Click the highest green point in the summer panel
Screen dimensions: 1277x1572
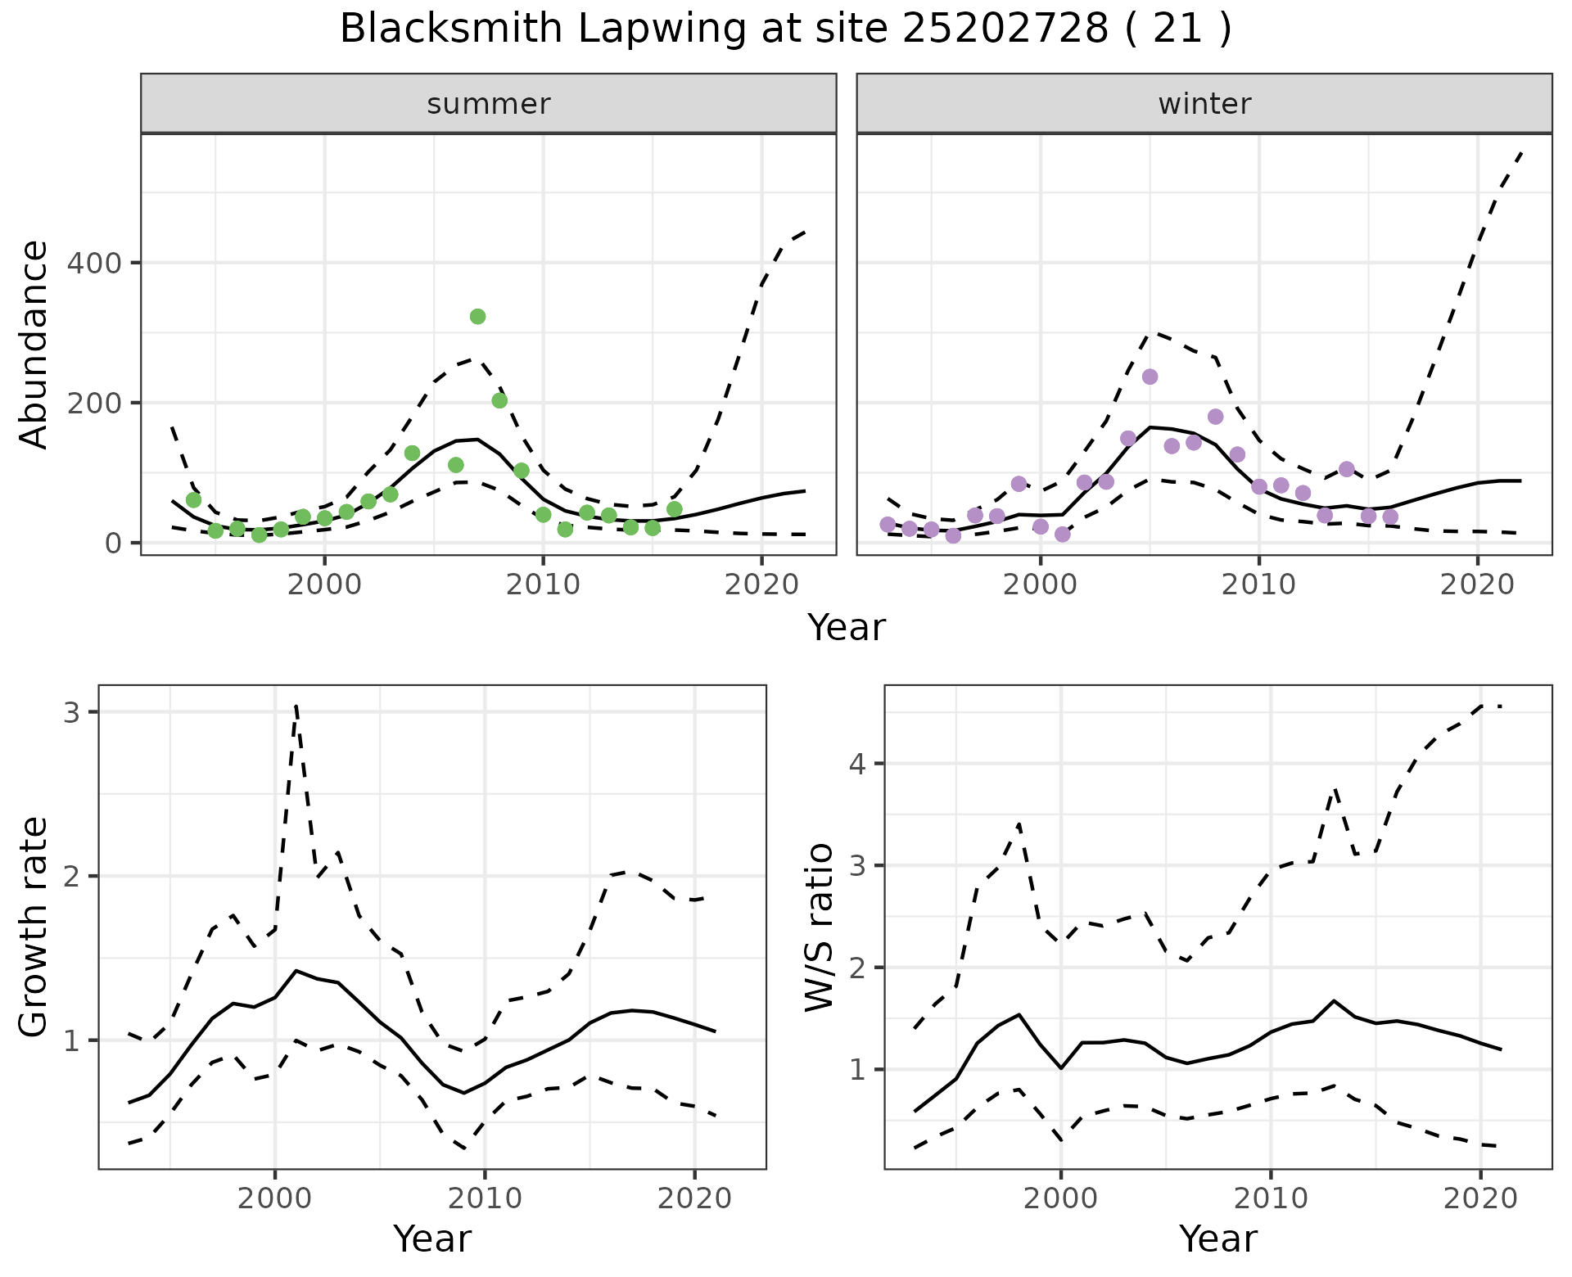(478, 317)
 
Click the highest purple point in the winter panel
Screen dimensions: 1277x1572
(1150, 377)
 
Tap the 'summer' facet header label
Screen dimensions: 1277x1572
(489, 104)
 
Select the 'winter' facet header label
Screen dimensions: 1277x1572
(1204, 104)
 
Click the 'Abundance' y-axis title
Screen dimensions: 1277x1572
(34, 345)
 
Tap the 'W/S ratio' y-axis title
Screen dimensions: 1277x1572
(820, 928)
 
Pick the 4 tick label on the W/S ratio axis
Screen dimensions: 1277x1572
(858, 764)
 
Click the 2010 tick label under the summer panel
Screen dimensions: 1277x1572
(543, 584)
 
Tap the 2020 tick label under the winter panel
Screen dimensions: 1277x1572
(1478, 584)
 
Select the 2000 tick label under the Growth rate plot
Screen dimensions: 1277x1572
(275, 1198)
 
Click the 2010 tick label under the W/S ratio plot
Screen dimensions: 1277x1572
(1271, 1198)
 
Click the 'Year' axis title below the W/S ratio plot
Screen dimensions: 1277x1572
(1218, 1239)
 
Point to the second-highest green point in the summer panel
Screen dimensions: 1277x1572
(499, 400)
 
